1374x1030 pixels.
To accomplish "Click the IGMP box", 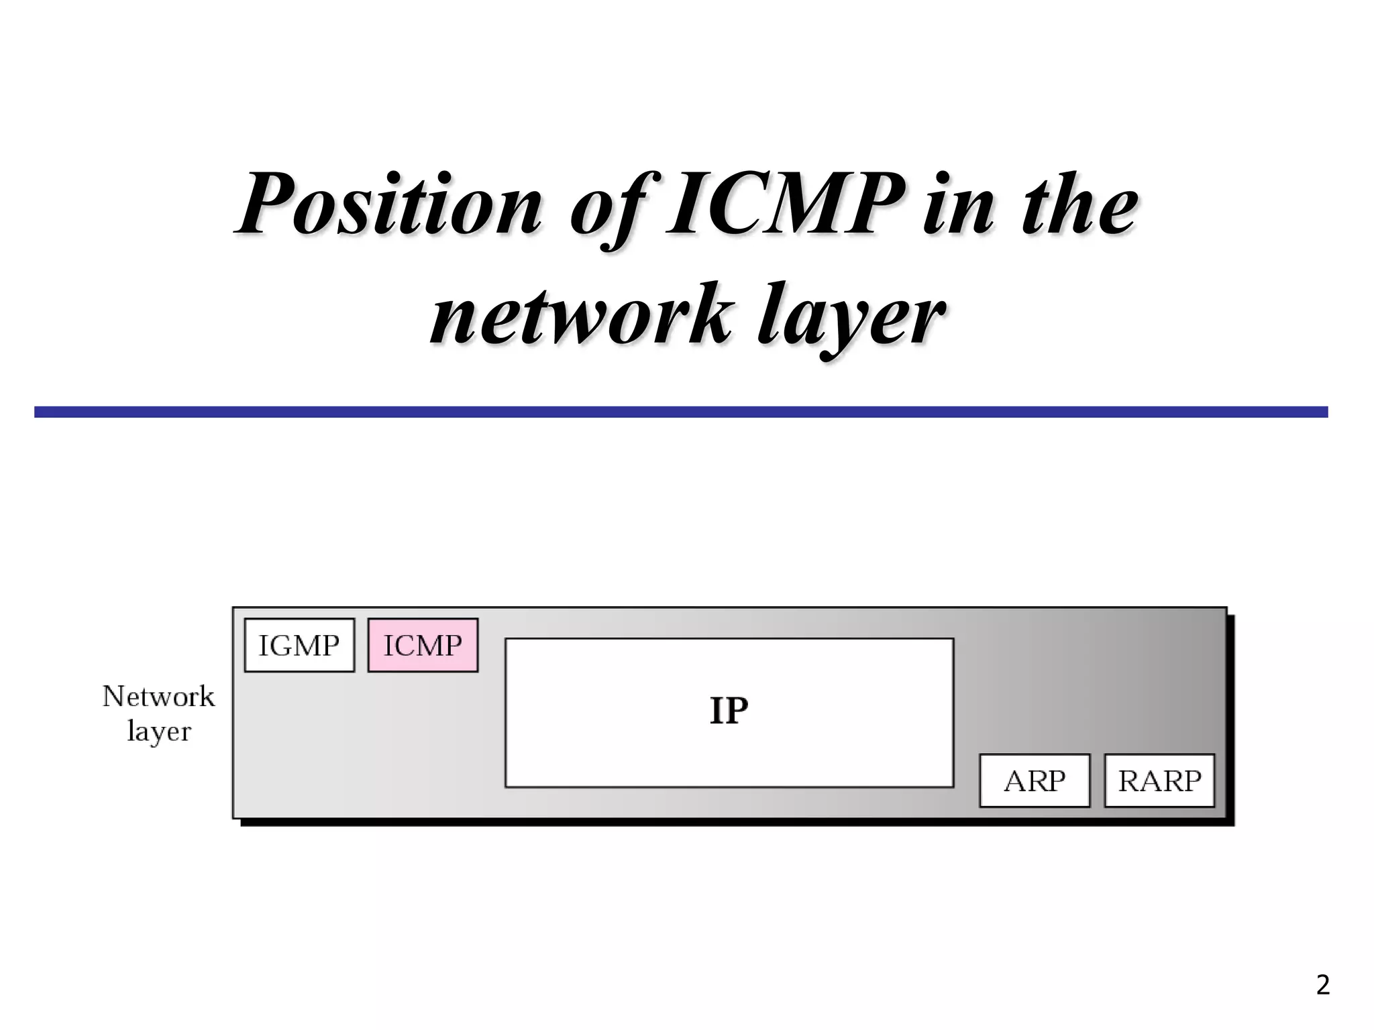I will point(299,645).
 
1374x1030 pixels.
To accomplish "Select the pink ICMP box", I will point(423,645).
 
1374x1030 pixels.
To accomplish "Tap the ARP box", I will point(1035,781).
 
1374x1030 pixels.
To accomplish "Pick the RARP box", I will point(1159,781).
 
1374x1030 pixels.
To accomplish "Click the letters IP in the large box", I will point(729,711).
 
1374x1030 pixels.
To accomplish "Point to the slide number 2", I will point(1322,985).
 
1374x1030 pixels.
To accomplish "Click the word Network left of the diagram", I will point(158,697).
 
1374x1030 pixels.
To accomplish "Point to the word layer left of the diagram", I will point(159,732).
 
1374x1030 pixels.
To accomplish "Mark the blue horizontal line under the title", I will point(681,412).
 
